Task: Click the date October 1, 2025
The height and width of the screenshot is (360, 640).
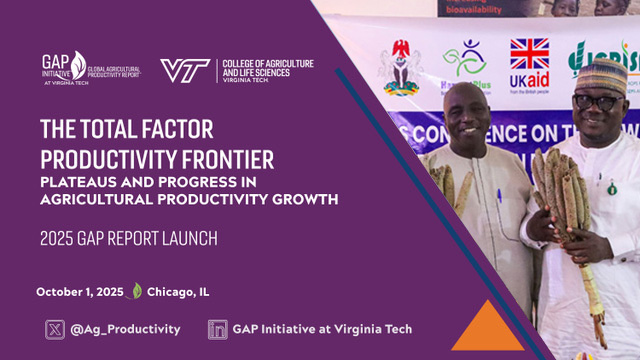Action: point(80,292)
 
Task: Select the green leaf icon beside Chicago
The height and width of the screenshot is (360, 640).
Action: point(136,292)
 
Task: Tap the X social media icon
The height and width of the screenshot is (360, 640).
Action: point(55,328)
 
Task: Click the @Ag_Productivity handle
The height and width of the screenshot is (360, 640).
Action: point(126,328)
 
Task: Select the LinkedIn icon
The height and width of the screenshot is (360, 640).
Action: point(216,328)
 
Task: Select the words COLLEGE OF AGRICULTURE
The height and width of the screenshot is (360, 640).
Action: point(267,64)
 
